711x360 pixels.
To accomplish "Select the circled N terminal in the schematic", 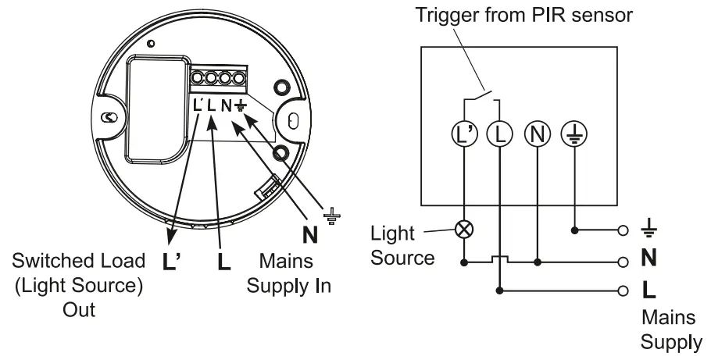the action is point(538,134).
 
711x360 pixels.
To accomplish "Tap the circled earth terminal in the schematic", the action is point(574,134).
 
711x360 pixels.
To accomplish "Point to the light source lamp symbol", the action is point(464,230).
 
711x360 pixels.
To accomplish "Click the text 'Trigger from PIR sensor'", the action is point(523,15).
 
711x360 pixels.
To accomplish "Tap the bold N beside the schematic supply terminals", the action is point(648,258).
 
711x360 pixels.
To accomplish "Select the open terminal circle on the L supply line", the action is point(623,290).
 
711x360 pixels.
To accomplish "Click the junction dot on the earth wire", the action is point(574,230).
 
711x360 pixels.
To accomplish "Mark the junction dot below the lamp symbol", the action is point(464,262).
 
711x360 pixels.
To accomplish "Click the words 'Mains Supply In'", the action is point(288,273).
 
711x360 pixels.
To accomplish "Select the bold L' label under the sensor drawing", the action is point(172,262).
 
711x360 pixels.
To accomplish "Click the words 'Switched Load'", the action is point(78,261).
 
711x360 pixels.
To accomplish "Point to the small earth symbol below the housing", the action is point(332,216).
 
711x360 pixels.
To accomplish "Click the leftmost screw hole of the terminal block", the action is point(197,78).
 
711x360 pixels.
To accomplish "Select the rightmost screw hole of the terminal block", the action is point(239,78).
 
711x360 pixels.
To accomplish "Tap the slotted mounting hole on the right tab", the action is point(292,120).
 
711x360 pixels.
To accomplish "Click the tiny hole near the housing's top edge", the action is point(152,44).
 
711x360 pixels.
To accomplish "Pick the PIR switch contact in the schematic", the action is point(481,94).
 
